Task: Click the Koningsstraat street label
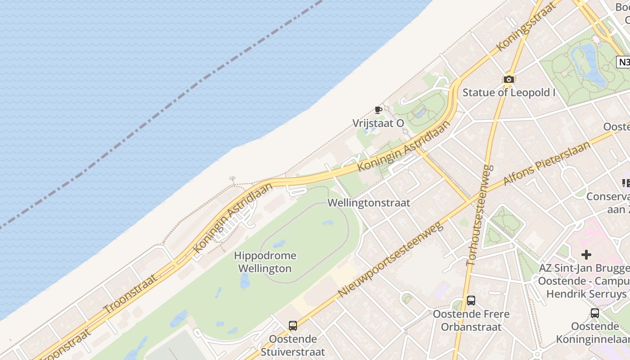524,28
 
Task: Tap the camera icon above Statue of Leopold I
509,80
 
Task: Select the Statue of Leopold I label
509,93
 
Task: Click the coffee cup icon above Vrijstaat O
378,110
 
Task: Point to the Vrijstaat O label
378,123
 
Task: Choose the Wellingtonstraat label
369,203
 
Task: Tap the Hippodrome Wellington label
265,262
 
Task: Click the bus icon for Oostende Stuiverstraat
293,326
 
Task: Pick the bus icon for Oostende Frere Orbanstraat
471,301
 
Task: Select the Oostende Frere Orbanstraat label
471,320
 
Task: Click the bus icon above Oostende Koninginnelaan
595,313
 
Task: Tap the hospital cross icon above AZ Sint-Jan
586,255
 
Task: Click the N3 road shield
624,62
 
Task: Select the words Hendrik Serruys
586,294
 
